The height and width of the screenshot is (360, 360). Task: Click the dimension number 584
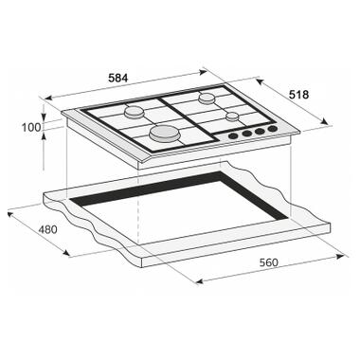[117, 78]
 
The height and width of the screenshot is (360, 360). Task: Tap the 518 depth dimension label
[298, 95]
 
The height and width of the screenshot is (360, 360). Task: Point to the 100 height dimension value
[31, 128]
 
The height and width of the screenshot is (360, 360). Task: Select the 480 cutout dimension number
[47, 229]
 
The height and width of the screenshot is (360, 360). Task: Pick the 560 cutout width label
[269, 262]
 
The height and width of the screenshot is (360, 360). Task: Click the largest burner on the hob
[165, 133]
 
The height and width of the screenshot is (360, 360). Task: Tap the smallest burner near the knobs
[232, 117]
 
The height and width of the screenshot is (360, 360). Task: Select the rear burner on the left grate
[134, 112]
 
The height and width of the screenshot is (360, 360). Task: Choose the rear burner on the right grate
[207, 98]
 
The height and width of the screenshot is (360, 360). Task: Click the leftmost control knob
[233, 136]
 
